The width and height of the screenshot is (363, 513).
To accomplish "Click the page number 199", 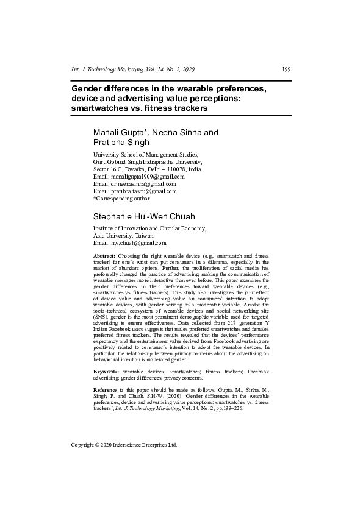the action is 286,69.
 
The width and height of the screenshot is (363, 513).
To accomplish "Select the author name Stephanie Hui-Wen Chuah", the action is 143,216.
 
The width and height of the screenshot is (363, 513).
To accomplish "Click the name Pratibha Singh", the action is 117,142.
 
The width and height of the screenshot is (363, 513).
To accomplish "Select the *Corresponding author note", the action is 121,198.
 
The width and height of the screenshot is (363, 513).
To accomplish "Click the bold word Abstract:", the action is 104,256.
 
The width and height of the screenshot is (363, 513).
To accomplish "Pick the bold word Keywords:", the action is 106,371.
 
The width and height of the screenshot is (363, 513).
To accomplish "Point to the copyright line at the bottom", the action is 124,445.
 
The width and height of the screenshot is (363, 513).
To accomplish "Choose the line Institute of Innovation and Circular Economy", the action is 149,228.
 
